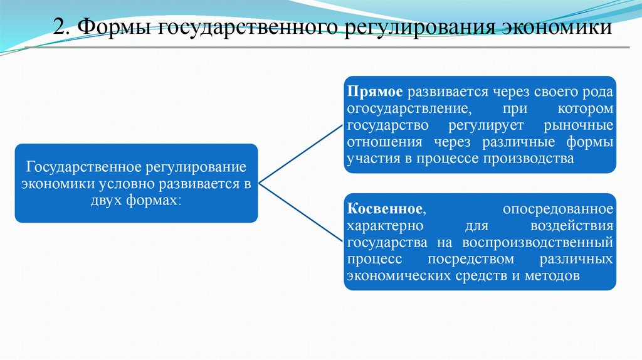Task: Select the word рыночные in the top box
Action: pos(579,125)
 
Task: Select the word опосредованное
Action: pos(558,209)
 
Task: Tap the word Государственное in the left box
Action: pos(81,169)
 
